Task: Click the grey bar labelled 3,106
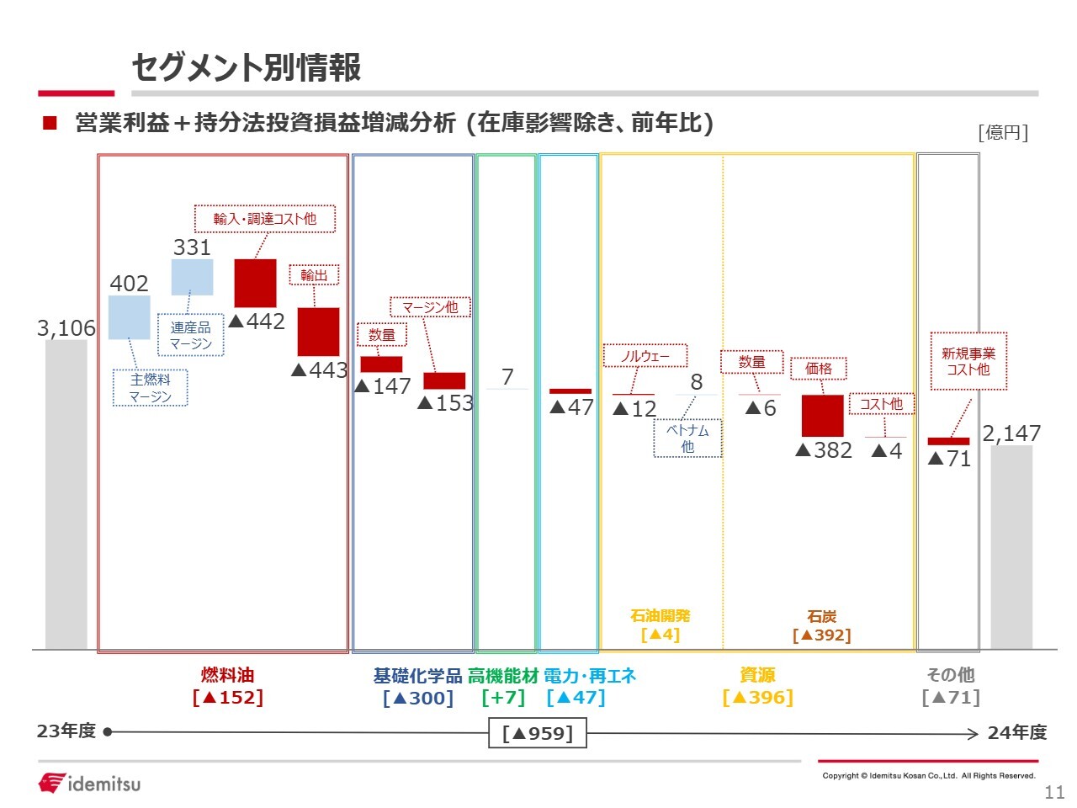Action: pos(66,494)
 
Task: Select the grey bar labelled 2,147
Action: pos(1011,547)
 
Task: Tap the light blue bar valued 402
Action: pos(129,317)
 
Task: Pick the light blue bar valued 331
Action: pos(193,277)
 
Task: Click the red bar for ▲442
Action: pos(255,283)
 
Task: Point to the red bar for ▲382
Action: pos(822,416)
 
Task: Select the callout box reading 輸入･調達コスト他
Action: pos(265,219)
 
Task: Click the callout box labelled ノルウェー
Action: pos(645,356)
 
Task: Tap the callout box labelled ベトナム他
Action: pos(687,439)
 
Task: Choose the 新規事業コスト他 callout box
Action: pos(968,361)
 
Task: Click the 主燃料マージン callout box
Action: pos(150,387)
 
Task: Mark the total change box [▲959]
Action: pos(538,733)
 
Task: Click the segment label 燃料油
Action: pos(228,675)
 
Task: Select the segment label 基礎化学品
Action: pos(417,676)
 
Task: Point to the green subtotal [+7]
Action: pos(503,697)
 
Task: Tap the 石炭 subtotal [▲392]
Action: pos(822,635)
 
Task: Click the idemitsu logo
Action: pos(89,783)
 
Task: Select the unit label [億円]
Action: pos(1003,132)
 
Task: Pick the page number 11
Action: pos(1054,792)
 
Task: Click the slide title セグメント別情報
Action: pos(247,67)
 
